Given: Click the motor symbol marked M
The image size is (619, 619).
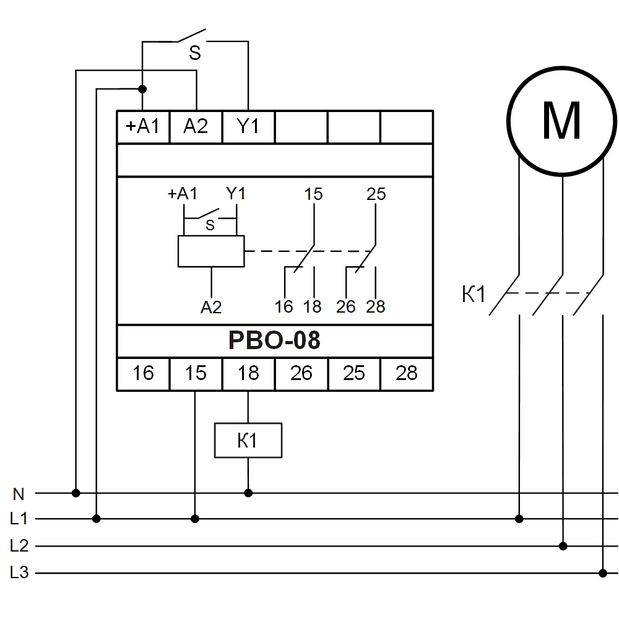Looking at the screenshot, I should click(x=562, y=121).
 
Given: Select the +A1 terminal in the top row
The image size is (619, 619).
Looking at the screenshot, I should click(x=143, y=127).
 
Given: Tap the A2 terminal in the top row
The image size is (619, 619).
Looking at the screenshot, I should click(x=196, y=127).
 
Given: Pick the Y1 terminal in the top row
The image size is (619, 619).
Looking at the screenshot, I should click(x=248, y=127).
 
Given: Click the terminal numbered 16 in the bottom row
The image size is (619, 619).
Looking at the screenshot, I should click(x=143, y=373).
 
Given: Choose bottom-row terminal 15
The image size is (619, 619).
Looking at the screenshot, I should click(x=196, y=373).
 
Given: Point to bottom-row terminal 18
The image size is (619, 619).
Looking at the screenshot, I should click(x=248, y=373).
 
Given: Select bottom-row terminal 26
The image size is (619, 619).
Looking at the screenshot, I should click(x=301, y=373).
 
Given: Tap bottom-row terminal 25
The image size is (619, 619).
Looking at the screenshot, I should click(x=353, y=373).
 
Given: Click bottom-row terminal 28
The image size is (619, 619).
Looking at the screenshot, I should click(x=406, y=373).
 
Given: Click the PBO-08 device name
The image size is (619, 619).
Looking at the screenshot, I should click(x=274, y=340).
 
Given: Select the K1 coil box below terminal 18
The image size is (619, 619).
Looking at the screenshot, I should click(x=248, y=441).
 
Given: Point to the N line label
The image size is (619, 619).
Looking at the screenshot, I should click(x=19, y=494).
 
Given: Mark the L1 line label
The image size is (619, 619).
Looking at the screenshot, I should click(x=19, y=519).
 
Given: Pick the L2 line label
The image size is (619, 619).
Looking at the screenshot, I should click(x=19, y=546).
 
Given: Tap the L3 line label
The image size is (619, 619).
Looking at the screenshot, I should click(x=19, y=573).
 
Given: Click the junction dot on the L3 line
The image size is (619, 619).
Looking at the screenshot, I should click(x=603, y=573).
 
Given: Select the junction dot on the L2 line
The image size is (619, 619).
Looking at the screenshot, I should click(x=563, y=546).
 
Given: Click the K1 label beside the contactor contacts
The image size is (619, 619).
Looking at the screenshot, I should click(x=474, y=295).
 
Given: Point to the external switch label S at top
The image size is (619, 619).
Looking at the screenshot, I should click(x=195, y=54).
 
